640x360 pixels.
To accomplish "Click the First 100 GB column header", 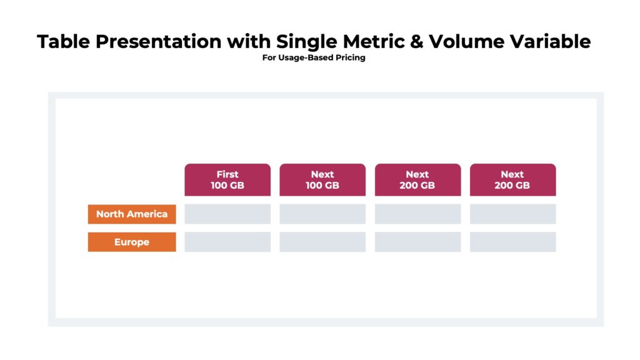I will (x=227, y=180).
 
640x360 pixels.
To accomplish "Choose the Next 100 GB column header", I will (x=322, y=180).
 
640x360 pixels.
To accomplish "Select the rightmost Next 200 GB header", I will (x=512, y=180).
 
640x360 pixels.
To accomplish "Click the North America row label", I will (x=132, y=214).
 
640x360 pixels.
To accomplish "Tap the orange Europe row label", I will (x=132, y=242).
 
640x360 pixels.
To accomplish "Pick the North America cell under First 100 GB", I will (x=227, y=214).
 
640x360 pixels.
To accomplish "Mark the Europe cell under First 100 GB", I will (x=227, y=242).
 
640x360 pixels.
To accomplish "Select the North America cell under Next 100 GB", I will (x=322, y=214).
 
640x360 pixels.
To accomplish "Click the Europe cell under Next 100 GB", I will (x=322, y=242).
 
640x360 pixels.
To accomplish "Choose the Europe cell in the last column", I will (x=512, y=242).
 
